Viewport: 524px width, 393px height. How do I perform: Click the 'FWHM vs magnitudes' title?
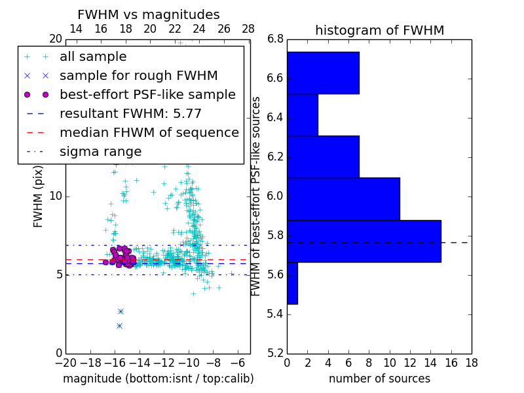coord(148,14)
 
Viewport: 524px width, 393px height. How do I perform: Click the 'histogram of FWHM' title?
coord(379,30)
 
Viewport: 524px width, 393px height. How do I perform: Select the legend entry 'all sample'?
coord(93,57)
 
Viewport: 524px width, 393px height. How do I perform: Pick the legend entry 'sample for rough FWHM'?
coord(138,76)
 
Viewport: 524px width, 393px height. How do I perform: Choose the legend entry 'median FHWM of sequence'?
coord(149,133)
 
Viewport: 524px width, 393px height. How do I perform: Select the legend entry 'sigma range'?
coord(100,152)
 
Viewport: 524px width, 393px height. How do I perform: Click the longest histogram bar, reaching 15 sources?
coord(364,241)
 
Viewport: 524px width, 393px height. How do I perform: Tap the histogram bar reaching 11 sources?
coord(343,199)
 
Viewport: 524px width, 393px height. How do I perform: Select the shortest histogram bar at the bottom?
coord(292,283)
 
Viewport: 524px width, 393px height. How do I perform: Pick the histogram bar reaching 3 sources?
coord(302,115)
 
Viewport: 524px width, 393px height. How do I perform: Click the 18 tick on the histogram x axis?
coord(471,362)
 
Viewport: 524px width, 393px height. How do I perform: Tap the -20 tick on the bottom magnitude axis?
coord(65,362)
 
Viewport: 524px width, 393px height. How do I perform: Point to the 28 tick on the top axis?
coord(248,29)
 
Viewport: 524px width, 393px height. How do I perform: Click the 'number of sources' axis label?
coord(379,379)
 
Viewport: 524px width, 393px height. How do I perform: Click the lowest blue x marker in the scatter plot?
coord(119,326)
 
